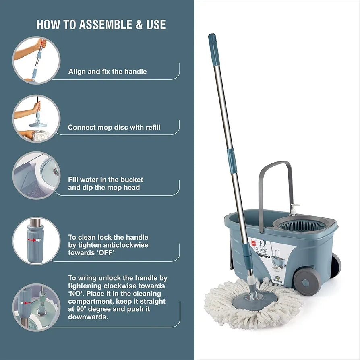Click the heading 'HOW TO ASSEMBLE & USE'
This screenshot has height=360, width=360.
click(101, 24)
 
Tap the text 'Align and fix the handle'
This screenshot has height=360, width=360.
click(108, 72)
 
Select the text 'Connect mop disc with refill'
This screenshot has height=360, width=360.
click(114, 127)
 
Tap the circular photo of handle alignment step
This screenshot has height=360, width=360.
click(36, 60)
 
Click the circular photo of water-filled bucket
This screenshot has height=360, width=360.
click(36, 175)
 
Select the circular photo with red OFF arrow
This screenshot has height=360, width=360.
click(36, 241)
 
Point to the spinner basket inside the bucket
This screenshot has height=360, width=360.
click(302, 225)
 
